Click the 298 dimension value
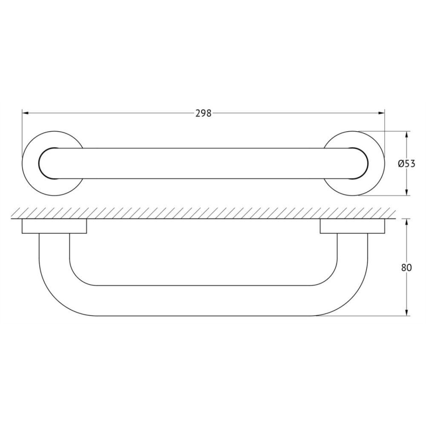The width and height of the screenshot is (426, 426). [203, 113]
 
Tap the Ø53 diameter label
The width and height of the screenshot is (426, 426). [406, 164]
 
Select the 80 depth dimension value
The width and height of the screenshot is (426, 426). [406, 268]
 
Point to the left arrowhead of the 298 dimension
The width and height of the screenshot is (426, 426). [25, 113]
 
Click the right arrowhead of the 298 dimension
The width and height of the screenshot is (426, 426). [381, 113]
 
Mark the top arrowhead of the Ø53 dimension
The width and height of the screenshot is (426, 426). [407, 135]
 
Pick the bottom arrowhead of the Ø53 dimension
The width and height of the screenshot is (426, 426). [407, 192]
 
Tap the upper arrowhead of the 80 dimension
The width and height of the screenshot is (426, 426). [407, 222]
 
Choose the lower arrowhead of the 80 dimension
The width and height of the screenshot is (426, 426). [407, 312]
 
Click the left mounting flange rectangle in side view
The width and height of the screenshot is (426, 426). [54, 226]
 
